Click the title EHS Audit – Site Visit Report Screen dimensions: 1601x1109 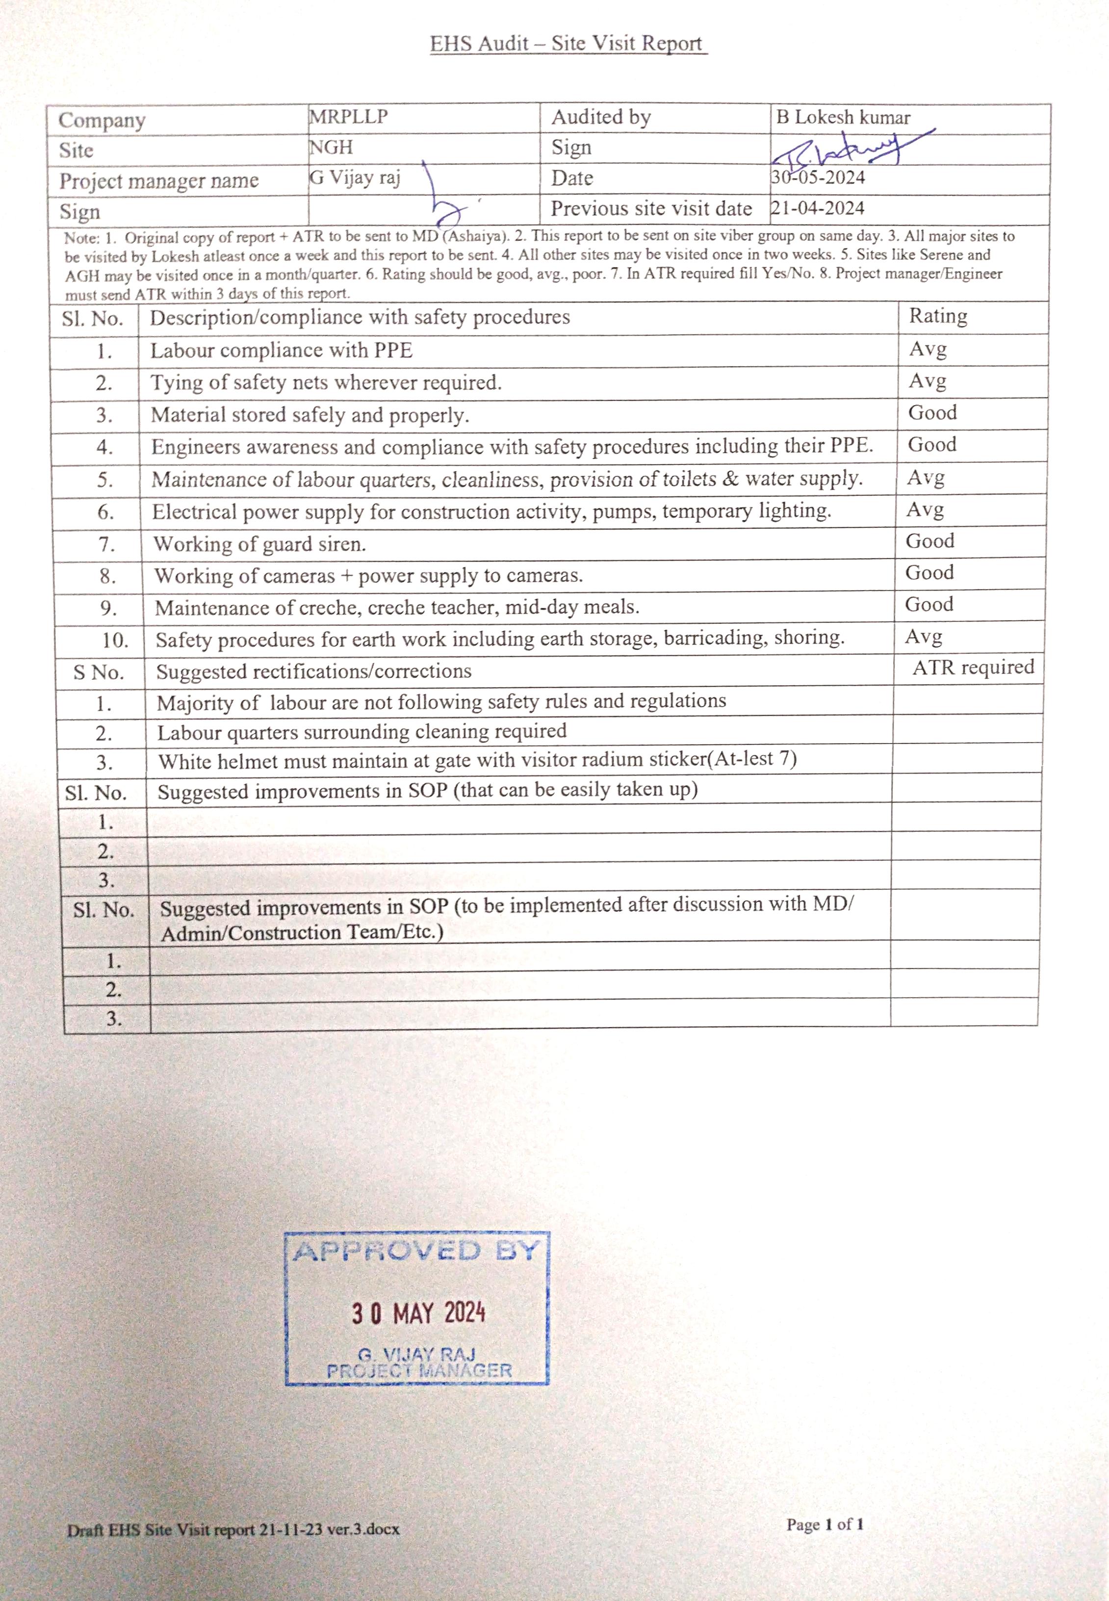567,44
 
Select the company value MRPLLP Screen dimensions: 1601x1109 348,117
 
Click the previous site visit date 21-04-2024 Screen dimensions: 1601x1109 818,208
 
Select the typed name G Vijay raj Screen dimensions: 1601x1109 355,178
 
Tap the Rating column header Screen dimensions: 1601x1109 937,316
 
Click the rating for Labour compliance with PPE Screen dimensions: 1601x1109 928,348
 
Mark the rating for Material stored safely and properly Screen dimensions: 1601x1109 932,413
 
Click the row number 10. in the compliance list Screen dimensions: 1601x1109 115,640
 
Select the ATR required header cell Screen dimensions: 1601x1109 973,667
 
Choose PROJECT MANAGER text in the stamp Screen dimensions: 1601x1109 419,1370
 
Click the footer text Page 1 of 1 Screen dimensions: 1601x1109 825,1524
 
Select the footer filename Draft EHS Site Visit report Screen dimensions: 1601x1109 233,1529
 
